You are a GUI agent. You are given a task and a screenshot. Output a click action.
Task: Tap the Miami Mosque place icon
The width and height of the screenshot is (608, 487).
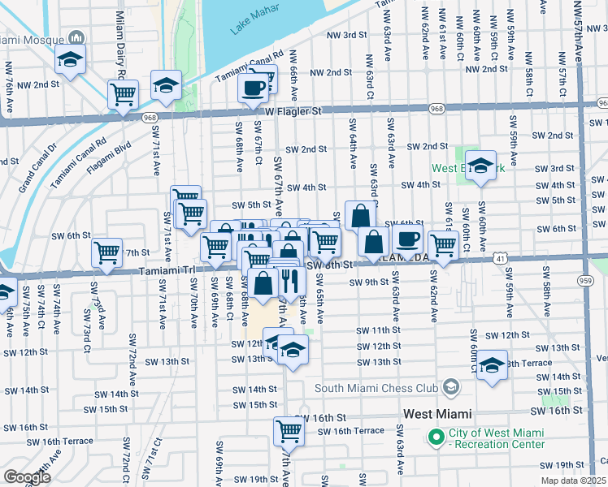click(77, 37)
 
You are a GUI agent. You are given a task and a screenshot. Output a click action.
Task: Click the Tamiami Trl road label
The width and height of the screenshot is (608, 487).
click(167, 271)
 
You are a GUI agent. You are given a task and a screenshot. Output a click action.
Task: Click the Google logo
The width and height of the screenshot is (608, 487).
click(26, 476)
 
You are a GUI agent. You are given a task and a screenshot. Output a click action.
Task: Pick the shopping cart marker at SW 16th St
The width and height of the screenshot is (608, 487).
click(289, 432)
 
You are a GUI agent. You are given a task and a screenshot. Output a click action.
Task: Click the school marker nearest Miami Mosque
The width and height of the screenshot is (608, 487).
click(71, 59)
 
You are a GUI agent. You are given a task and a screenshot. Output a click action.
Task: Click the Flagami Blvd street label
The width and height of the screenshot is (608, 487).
click(111, 160)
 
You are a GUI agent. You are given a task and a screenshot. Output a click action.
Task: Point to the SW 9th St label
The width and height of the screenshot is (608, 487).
click(370, 282)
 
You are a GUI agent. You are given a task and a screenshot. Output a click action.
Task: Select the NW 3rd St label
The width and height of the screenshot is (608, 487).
click(347, 35)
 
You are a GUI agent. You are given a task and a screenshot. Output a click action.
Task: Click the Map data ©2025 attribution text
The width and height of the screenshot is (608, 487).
click(572, 481)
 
